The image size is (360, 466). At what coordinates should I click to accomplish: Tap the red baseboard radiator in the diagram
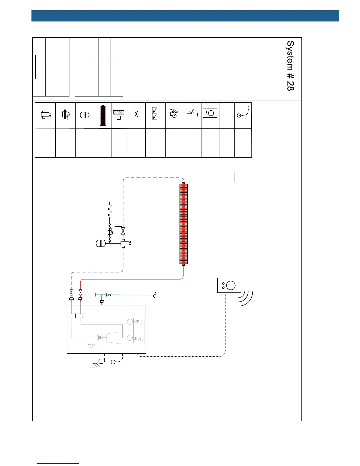tap(183, 224)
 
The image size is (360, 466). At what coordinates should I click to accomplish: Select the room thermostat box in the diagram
tap(229, 285)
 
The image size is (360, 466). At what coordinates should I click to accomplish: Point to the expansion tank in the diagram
tap(101, 243)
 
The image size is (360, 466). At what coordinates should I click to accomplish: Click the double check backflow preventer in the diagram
tap(110, 211)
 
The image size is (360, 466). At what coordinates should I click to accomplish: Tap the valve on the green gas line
tap(109, 295)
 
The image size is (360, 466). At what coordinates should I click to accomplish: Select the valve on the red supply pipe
tap(80, 292)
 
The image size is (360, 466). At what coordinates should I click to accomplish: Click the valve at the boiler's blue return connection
tap(71, 292)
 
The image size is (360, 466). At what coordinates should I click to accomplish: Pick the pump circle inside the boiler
tap(101, 337)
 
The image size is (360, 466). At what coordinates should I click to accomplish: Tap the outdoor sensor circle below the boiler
tap(113, 362)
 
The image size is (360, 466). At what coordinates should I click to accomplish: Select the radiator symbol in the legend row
tap(103, 115)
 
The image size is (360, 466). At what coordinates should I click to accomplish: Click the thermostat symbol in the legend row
tap(210, 113)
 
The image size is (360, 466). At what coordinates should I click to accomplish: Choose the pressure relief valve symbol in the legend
tap(175, 113)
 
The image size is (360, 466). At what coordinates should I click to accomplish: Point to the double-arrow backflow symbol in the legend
tap(155, 114)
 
